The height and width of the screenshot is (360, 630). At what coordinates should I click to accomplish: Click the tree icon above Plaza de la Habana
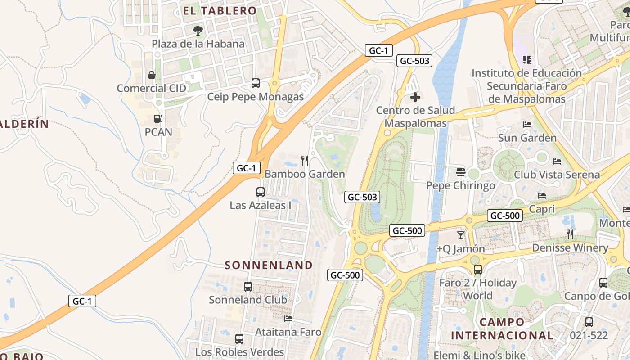[198, 31]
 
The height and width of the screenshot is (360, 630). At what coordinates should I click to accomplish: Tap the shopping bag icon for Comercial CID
[152, 75]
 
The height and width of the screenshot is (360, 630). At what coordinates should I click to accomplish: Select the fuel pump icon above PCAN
[158, 119]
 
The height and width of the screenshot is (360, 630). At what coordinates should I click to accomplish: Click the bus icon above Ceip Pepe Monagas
[256, 83]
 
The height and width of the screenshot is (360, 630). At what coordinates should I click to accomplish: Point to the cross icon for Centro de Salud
[415, 97]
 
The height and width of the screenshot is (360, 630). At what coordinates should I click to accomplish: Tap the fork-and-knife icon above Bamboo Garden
[305, 160]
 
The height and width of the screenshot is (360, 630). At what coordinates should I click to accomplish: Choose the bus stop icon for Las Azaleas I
[260, 192]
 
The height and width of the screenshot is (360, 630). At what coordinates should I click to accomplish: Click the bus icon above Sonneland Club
[247, 286]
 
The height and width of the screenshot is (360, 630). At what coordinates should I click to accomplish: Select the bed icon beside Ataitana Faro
[288, 319]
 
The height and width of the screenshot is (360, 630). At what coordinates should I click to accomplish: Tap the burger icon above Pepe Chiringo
[460, 172]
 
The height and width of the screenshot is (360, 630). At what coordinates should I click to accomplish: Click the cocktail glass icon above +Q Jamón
[460, 235]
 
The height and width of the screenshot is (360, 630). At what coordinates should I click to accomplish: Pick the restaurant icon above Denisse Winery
[570, 234]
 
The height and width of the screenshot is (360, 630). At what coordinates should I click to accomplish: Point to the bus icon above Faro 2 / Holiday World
[477, 270]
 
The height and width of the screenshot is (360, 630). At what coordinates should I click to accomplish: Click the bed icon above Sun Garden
[527, 124]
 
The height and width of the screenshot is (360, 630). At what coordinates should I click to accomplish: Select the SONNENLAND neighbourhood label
[269, 265]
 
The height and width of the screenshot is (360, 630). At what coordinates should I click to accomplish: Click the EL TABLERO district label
[220, 11]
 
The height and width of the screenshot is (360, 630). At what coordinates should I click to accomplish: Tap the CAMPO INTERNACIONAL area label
[502, 328]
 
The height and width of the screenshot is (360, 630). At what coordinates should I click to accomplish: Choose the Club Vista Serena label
[557, 175]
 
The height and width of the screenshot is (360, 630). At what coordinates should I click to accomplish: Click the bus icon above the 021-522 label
[589, 322]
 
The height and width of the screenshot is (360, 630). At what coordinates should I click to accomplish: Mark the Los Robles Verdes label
[239, 352]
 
